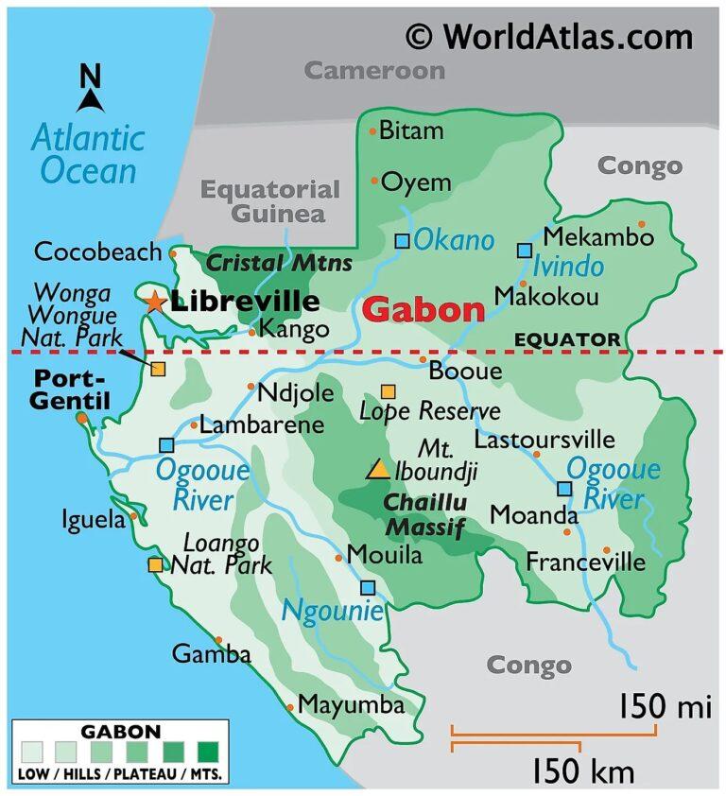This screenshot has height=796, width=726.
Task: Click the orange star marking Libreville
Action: (154, 302)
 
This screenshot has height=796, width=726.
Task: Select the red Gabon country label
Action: (423, 309)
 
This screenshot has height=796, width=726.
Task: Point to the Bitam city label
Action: (411, 130)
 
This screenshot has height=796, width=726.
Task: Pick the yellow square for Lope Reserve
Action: (388, 391)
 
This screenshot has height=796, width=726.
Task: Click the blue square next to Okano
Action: (403, 241)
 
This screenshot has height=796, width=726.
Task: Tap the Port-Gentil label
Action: (69, 389)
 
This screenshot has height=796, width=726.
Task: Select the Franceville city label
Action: (585, 562)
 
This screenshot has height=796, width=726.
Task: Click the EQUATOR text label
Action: (567, 339)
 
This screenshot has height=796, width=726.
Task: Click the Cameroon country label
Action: (374, 70)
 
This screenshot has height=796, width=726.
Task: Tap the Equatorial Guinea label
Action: (269, 201)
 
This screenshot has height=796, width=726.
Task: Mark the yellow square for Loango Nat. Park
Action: (154, 565)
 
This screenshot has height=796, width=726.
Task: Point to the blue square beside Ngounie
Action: (368, 588)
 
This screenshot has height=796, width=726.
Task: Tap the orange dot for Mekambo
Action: (642, 224)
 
